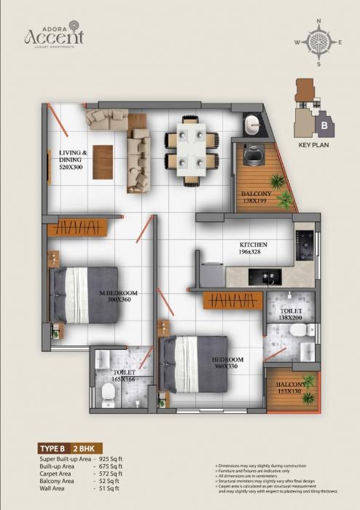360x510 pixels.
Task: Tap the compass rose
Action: [318, 42]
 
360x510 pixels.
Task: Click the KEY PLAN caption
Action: [316, 145]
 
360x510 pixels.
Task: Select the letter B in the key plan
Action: [323, 125]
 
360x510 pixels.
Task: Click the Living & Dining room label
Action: [72, 157]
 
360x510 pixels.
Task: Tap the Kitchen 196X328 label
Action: [254, 249]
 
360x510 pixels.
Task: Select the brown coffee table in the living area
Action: [103, 162]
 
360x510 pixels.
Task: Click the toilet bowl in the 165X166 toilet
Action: [108, 394]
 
